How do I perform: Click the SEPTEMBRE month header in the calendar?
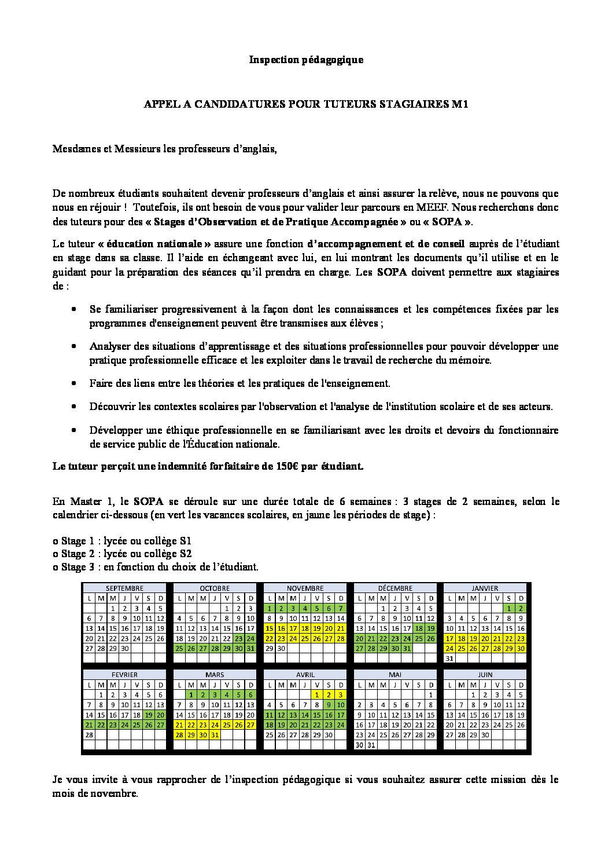pos(124,588)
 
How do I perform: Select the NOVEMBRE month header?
pos(305,588)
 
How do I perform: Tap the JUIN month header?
pos(485,675)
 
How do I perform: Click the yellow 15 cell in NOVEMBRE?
pos(269,628)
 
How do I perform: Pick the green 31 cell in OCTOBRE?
pos(250,649)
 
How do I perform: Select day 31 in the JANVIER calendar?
pos(449,659)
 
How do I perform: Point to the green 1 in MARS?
pos(190,694)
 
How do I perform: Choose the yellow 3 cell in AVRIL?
pos(341,694)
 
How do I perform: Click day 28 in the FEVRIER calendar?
pos(89,734)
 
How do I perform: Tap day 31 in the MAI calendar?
pos(371,745)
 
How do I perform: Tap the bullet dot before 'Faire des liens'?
pos(74,383)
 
